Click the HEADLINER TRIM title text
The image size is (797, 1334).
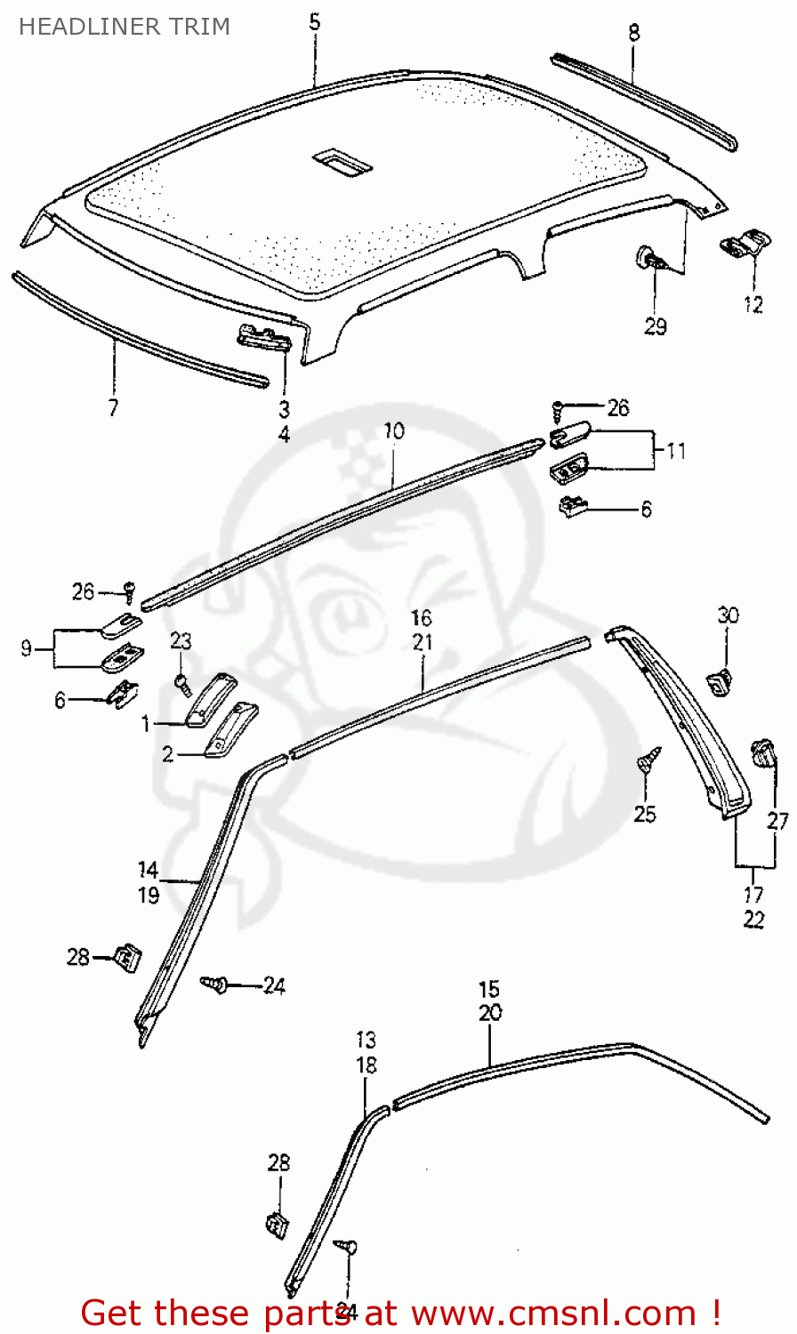point(125,27)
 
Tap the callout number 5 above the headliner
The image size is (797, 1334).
point(315,21)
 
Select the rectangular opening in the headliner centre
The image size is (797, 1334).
point(342,161)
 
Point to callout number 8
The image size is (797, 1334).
point(633,33)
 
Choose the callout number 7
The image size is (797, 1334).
point(113,408)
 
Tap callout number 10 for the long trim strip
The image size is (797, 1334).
point(394,431)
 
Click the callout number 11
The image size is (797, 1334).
point(676,452)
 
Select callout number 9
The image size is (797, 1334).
point(26,649)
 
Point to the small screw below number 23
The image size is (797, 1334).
point(182,683)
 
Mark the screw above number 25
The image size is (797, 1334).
point(649,762)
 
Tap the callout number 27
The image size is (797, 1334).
point(778,821)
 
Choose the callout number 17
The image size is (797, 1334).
point(753,896)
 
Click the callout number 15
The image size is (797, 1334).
point(489,989)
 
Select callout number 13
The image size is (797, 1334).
point(366,1040)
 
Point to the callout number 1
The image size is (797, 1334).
point(146,725)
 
